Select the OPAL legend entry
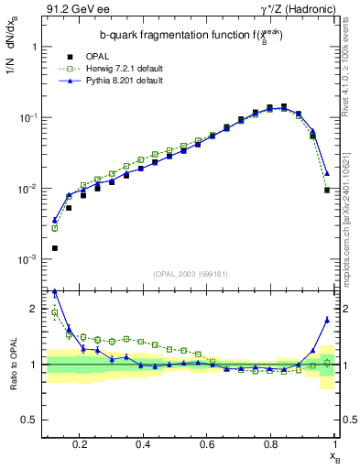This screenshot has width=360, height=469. (124, 56)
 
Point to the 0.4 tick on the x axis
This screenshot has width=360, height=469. (143, 443)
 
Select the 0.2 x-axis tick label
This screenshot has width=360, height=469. (80, 443)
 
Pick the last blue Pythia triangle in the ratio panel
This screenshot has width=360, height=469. (327, 320)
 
